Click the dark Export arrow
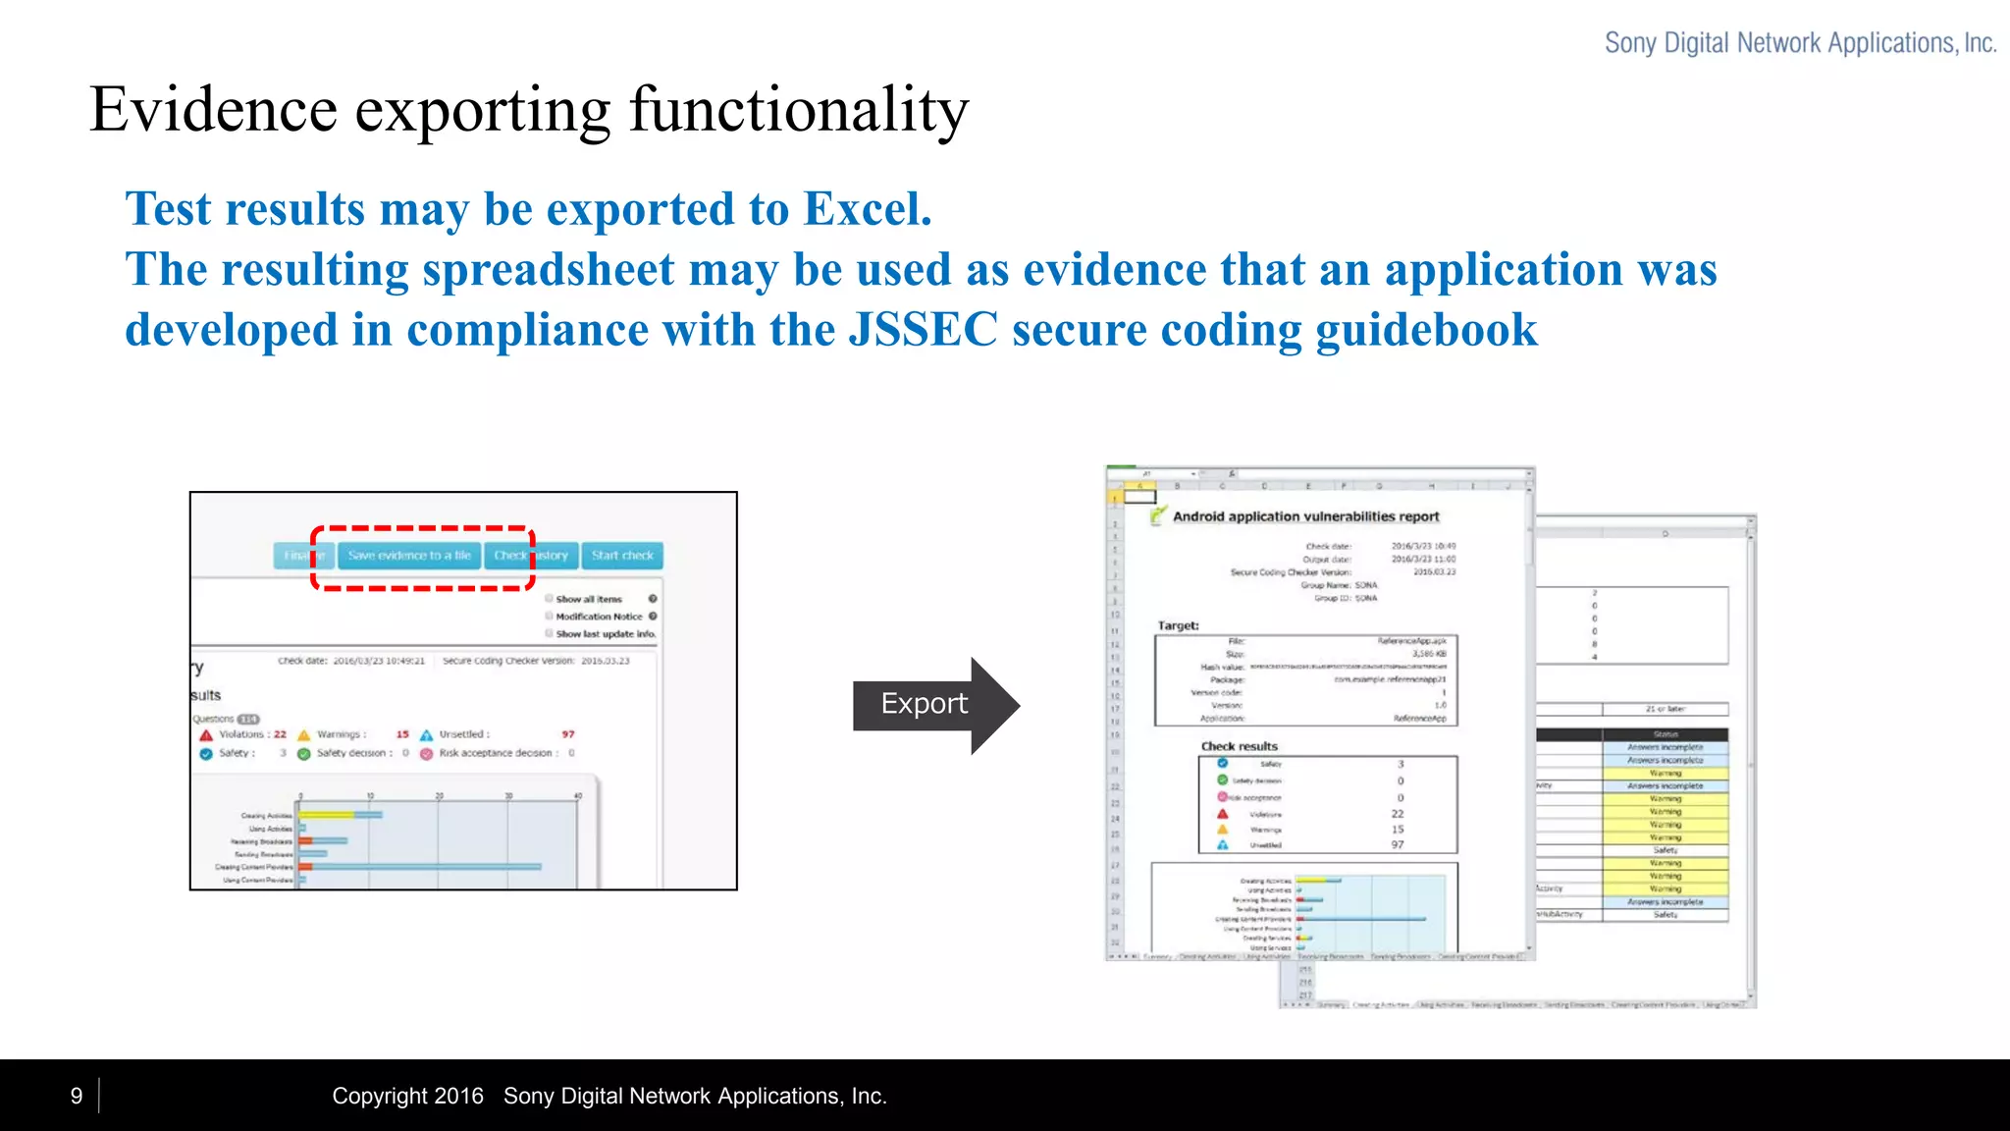pyautogui.click(x=932, y=705)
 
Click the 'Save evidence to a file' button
pyautogui.click(x=409, y=556)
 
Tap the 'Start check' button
pyautogui.click(x=622, y=556)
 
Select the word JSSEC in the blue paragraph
pyautogui.click(x=923, y=330)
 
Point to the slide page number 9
pyautogui.click(x=77, y=1096)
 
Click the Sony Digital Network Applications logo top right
pyautogui.click(x=1800, y=43)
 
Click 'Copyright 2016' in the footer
pyautogui.click(x=407, y=1096)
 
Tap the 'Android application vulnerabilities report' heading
pyautogui.click(x=1305, y=516)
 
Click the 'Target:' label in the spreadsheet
pyautogui.click(x=1178, y=625)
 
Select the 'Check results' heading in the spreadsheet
pyautogui.click(x=1239, y=746)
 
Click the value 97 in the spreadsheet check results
pyautogui.click(x=1398, y=844)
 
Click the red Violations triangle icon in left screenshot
pyautogui.click(x=206, y=734)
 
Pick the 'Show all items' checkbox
pyautogui.click(x=550, y=598)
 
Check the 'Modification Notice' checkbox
pyautogui.click(x=550, y=617)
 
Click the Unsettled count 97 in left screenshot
pyautogui.click(x=568, y=734)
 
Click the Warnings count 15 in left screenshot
pyautogui.click(x=402, y=734)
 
